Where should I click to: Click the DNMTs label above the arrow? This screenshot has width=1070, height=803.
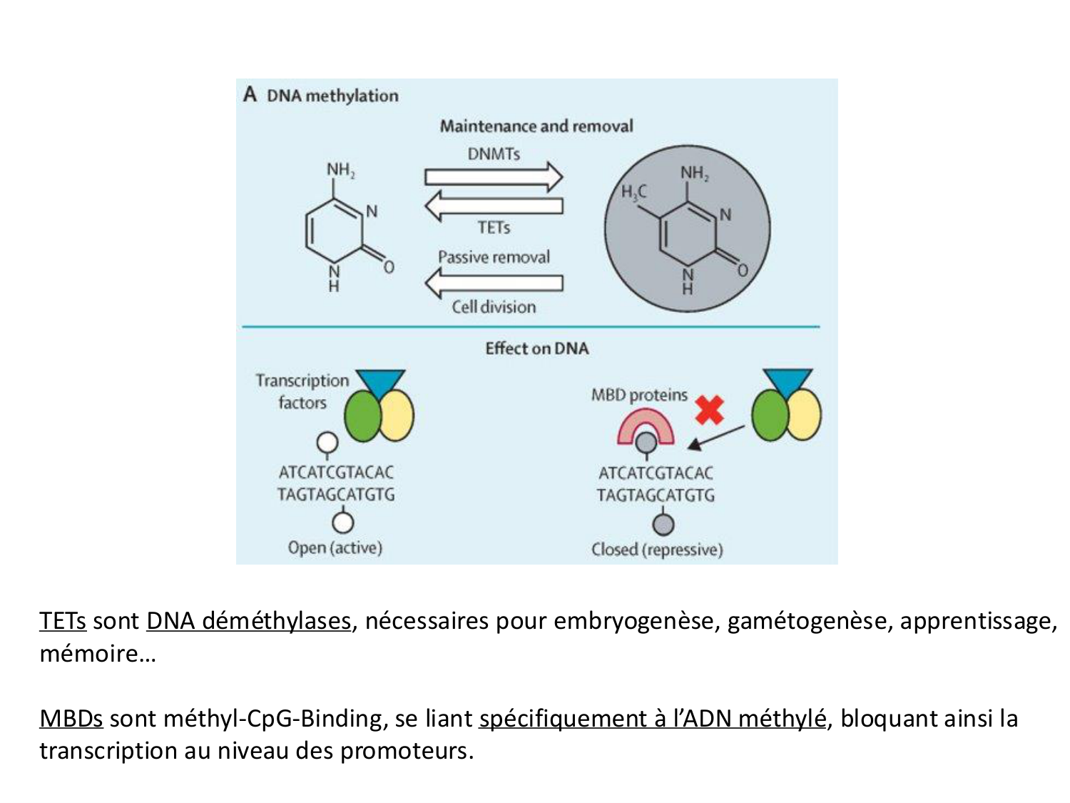point(494,154)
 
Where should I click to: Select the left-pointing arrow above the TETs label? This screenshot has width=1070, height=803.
point(494,206)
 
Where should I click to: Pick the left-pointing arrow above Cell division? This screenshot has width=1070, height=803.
point(494,283)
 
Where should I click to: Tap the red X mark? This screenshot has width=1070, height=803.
point(709,410)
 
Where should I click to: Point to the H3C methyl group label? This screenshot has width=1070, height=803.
point(633,192)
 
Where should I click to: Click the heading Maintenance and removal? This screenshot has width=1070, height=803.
point(536,126)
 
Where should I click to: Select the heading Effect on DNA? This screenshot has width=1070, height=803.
point(536,348)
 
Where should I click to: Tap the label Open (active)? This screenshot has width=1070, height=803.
point(335,547)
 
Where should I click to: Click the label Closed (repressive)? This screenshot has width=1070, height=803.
point(657,550)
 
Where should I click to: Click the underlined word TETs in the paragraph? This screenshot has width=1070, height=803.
point(63,621)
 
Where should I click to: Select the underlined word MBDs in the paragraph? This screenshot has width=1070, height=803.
point(71,718)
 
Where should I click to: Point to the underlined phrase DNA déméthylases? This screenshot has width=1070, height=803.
point(248,621)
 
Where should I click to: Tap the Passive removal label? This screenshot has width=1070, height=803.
point(494,257)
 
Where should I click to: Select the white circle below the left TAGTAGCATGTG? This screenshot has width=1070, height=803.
point(343,522)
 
